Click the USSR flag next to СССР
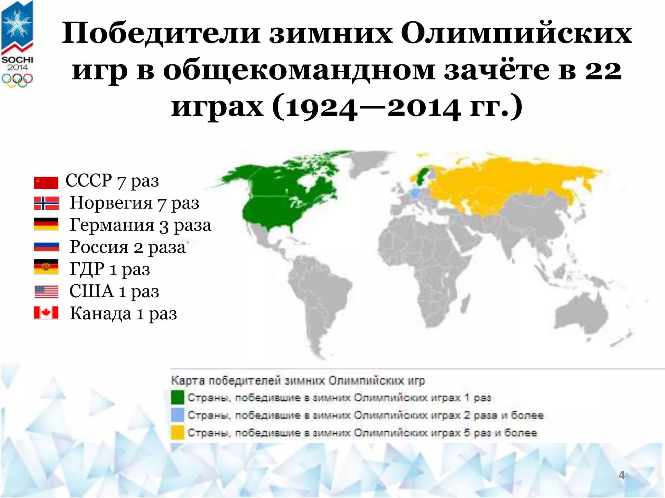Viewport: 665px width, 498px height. point(46,183)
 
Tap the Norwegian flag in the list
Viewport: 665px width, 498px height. point(46,203)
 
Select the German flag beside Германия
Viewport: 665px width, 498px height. point(46,224)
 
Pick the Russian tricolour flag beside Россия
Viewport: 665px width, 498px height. point(46,247)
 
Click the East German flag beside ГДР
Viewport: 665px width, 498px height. point(46,267)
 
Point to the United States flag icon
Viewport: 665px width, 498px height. point(46,292)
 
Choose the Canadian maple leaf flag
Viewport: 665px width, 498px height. point(46,313)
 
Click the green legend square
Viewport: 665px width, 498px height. point(178,397)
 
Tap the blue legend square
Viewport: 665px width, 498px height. point(178,415)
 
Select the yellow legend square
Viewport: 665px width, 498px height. point(178,433)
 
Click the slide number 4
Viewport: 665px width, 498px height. point(621,475)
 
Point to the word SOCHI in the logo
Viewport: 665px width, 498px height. point(17,60)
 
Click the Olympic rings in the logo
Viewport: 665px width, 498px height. point(17,80)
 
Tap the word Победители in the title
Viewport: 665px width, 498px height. point(161,34)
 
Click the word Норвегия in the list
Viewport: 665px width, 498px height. point(111,203)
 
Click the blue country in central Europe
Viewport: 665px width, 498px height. point(415,194)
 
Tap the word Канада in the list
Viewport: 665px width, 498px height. point(101,314)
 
